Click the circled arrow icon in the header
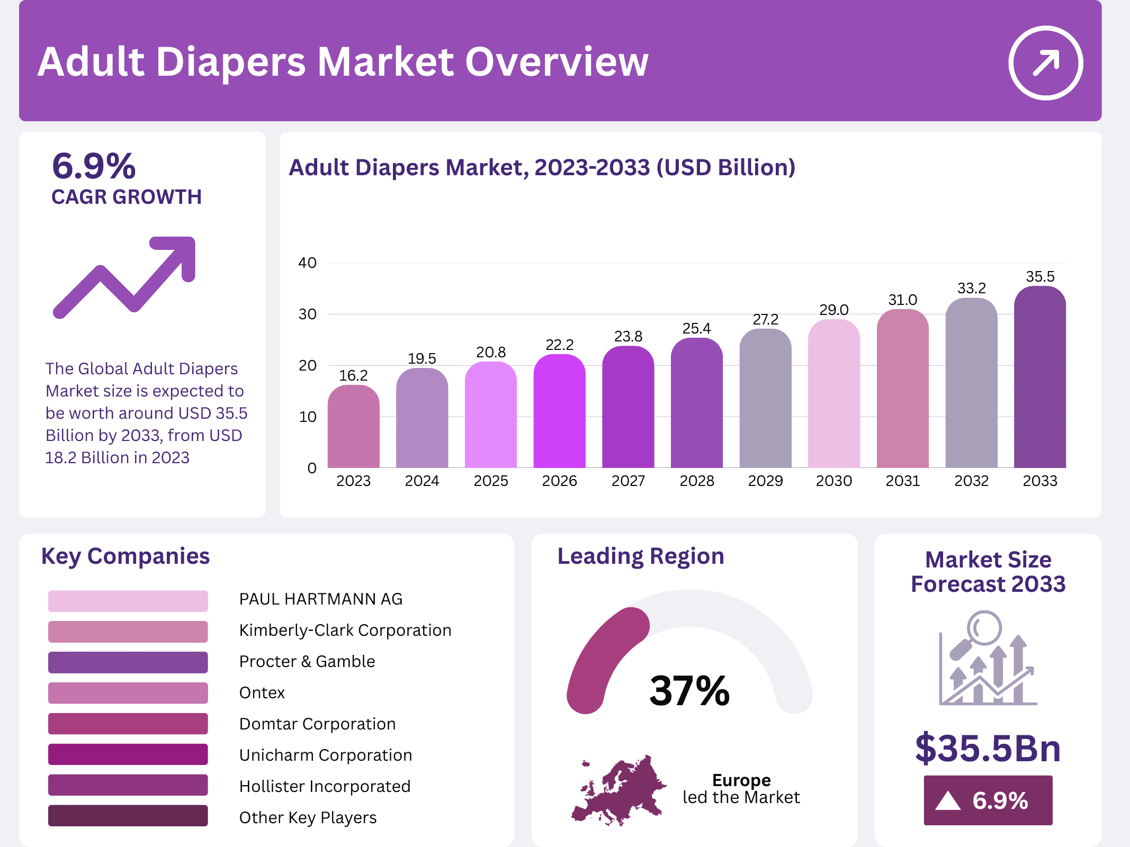(1045, 63)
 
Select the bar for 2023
(353, 427)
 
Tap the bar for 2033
(1039, 377)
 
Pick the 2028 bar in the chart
(696, 403)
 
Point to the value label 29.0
(833, 310)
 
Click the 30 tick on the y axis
(307, 314)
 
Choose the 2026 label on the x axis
(559, 481)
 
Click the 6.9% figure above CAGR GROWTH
(94, 166)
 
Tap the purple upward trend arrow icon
(125, 276)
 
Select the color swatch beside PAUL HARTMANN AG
(128, 601)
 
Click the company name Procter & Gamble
(307, 661)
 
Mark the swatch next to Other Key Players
(128, 816)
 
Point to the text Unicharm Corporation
(325, 755)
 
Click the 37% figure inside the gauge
(689, 691)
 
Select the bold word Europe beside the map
(741, 780)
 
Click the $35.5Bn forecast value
(988, 748)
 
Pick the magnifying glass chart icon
(988, 658)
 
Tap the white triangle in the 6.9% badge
(947, 801)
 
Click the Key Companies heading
(125, 556)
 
